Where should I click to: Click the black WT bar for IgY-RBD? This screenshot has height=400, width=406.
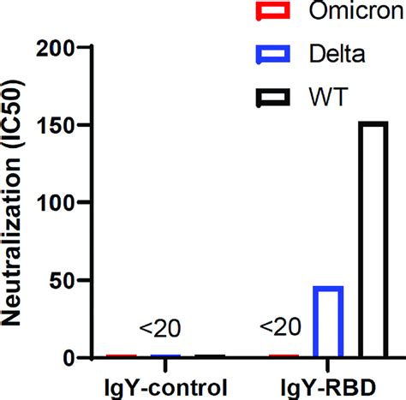pos(373,239)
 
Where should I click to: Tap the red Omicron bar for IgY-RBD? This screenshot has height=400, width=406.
pos(284,355)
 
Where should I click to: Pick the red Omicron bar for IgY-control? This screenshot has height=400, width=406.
pos(121,355)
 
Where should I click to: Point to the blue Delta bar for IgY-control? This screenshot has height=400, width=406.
pos(165,355)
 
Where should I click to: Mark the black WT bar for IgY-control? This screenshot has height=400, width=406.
pos(210,355)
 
